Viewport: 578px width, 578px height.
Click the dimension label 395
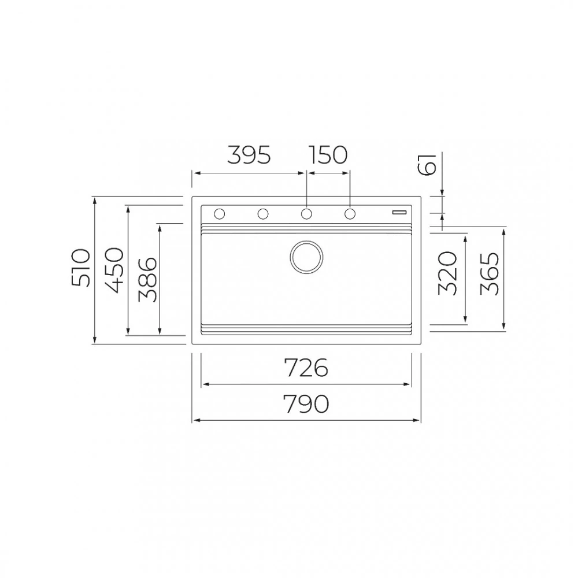249,155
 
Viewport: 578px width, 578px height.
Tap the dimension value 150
328,155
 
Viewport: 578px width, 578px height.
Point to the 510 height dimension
81,268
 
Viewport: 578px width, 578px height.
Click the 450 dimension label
113,270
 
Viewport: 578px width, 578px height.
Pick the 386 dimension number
147,279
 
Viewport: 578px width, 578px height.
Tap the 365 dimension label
490,273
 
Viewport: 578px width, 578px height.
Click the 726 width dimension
306,368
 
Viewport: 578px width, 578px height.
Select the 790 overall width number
306,403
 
